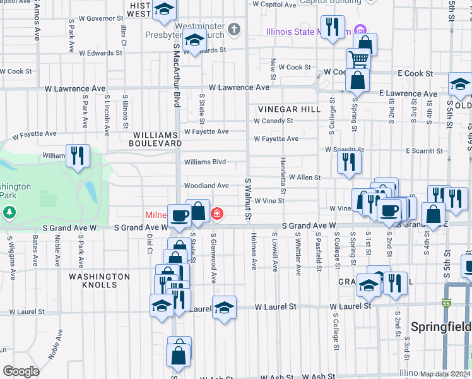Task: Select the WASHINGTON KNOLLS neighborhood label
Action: (100, 280)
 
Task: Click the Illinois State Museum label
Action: (308, 31)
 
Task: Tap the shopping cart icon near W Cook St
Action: (358, 59)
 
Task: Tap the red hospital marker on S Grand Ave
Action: (217, 215)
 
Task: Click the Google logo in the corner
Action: (21, 371)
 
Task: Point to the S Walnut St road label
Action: (248, 200)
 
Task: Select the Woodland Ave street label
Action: (206, 186)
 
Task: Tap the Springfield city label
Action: (440, 327)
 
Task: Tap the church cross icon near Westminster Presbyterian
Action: (234, 29)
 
